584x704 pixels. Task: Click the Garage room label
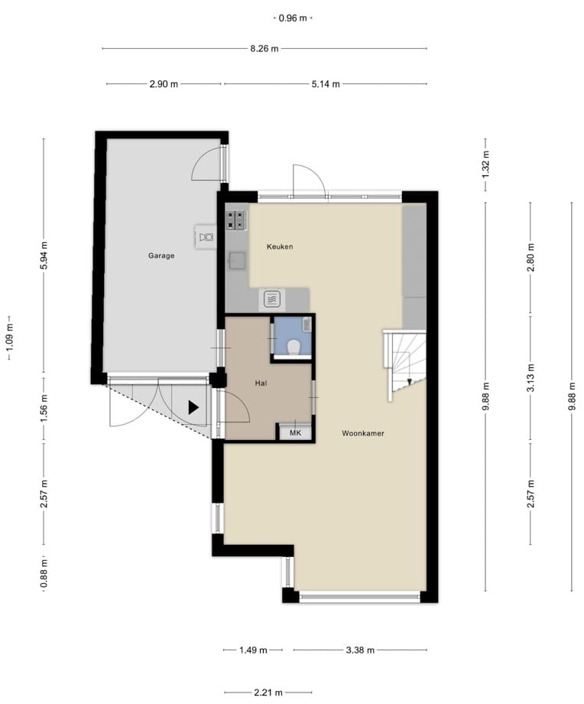[161, 256]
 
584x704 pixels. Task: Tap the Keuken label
[280, 246]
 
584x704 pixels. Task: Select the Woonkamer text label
[363, 433]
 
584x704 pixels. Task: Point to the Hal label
[261, 383]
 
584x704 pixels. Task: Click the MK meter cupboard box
[295, 433]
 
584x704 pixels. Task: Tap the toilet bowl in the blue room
[294, 347]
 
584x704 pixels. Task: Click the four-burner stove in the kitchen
[236, 220]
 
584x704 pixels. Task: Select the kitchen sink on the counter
[236, 260]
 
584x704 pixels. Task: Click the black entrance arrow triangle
[193, 407]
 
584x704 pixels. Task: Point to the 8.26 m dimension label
[264, 48]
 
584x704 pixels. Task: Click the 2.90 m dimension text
[164, 84]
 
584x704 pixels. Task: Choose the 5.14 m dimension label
[326, 84]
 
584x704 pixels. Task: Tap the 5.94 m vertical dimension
[44, 255]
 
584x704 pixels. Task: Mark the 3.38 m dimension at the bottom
[360, 650]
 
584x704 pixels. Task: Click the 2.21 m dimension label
[268, 693]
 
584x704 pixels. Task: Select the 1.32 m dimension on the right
[485, 164]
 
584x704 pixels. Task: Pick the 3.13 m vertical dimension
[530, 376]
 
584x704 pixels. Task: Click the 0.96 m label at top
[293, 18]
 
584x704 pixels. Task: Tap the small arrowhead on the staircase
[409, 382]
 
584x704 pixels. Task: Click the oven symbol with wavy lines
[271, 298]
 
